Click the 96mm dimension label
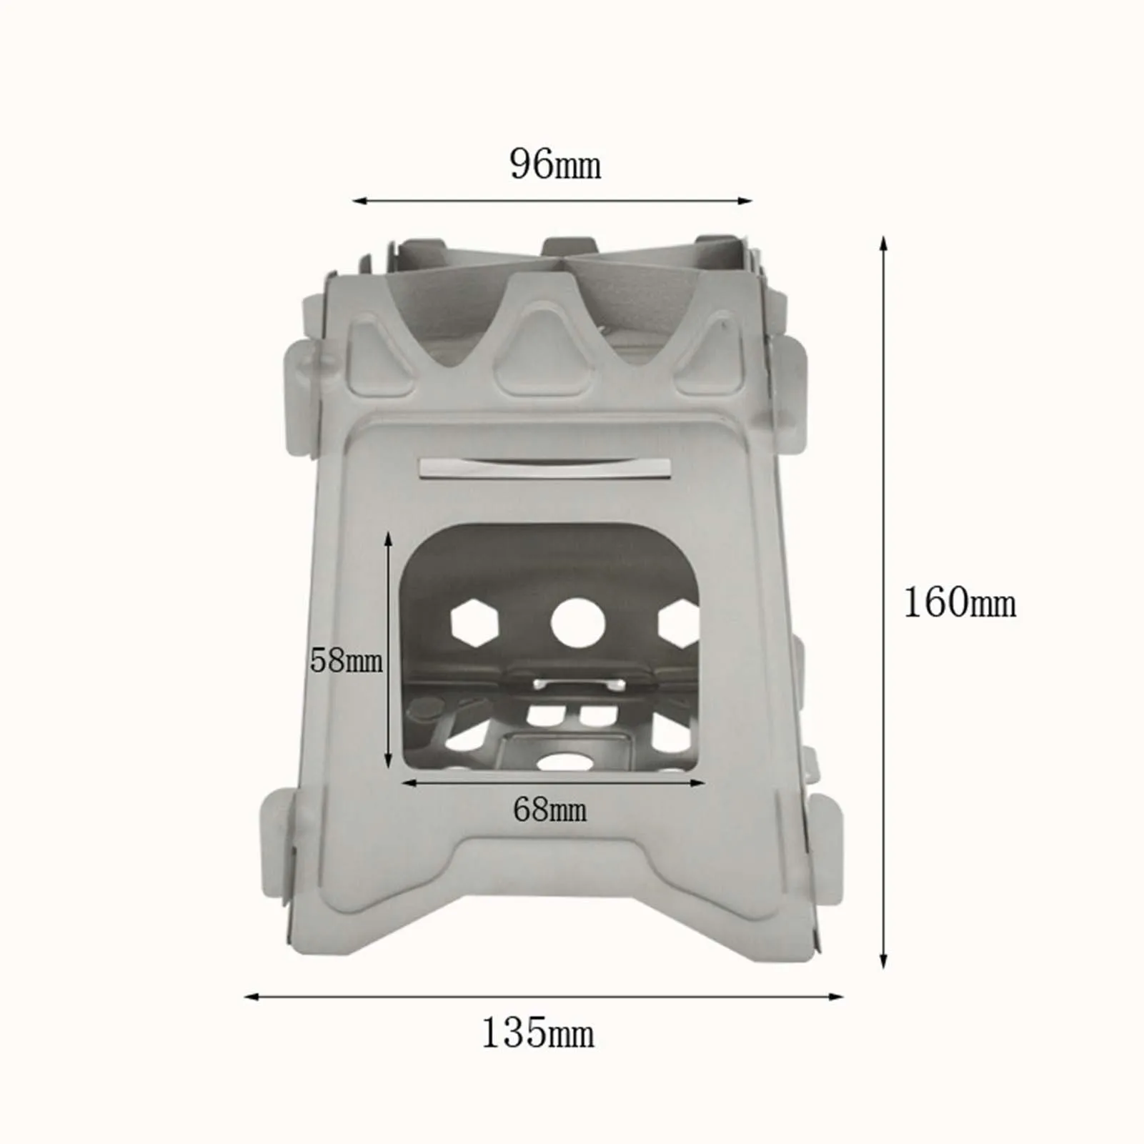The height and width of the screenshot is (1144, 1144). (x=555, y=165)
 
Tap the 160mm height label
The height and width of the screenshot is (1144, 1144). (x=960, y=602)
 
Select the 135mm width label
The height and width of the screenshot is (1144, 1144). (x=537, y=1033)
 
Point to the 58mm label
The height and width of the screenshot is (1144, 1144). (x=347, y=660)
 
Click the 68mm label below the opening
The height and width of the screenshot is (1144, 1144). (x=550, y=810)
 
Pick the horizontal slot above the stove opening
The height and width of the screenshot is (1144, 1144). (x=544, y=468)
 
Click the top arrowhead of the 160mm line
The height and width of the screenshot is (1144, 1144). (x=884, y=243)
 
